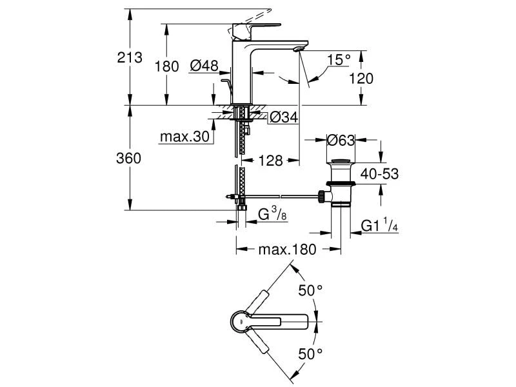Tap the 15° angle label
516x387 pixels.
point(338,60)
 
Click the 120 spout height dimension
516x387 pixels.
point(361,78)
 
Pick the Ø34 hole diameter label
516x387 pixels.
point(283,117)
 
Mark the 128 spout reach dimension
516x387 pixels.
point(272,161)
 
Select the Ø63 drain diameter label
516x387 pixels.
point(342,139)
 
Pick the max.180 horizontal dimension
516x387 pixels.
point(288,250)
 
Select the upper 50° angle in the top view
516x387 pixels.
point(310,290)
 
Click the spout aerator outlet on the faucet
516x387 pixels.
point(299,48)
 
